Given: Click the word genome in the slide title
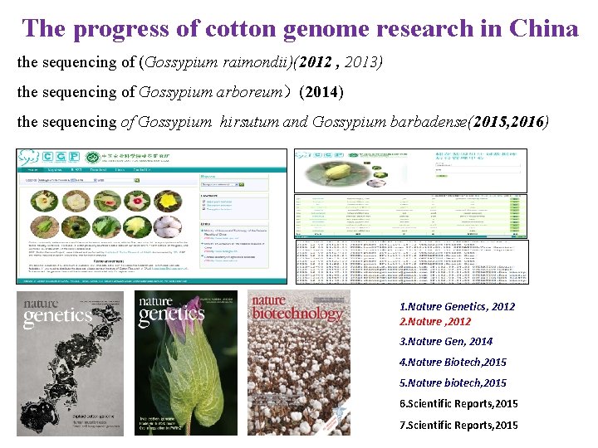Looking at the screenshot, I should (326, 28).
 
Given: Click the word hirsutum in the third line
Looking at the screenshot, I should (250, 122).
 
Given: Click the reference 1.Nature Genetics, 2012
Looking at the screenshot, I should (457, 306).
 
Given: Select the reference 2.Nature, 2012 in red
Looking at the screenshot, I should (434, 321).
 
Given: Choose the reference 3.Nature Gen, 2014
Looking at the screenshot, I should (445, 341).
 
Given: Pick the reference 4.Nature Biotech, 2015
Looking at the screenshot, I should (453, 362).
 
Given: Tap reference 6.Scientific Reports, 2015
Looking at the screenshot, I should (458, 403).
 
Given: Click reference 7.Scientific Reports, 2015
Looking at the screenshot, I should (458, 425).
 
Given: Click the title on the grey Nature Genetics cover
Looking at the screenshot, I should (56, 309).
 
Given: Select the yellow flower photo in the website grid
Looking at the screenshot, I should (169, 201).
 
